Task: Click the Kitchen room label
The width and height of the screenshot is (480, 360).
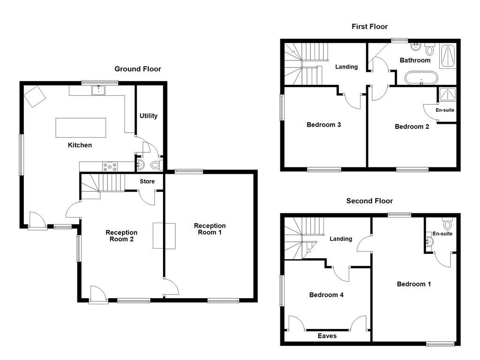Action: (x=80, y=145)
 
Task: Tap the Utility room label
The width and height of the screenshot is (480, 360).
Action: (x=149, y=116)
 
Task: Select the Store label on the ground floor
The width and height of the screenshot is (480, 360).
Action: (x=147, y=181)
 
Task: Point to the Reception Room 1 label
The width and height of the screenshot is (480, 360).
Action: (x=210, y=229)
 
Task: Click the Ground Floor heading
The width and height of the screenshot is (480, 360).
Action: (x=138, y=69)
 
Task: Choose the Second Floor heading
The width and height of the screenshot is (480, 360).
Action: (x=369, y=201)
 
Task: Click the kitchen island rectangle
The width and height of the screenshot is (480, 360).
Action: (x=81, y=127)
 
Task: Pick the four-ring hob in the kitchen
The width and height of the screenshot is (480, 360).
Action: (x=111, y=165)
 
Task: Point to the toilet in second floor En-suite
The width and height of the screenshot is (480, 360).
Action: (x=447, y=225)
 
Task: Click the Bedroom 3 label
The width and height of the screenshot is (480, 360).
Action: (x=323, y=125)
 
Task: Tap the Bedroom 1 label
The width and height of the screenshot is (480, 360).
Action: (x=413, y=284)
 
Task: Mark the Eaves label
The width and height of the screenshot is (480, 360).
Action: (x=327, y=336)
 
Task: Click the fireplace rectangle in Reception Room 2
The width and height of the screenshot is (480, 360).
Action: (x=164, y=236)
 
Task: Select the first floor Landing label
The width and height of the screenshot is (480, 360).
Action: (x=346, y=67)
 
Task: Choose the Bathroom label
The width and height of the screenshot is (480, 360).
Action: (x=415, y=60)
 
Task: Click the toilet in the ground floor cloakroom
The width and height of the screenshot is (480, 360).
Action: (x=156, y=165)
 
